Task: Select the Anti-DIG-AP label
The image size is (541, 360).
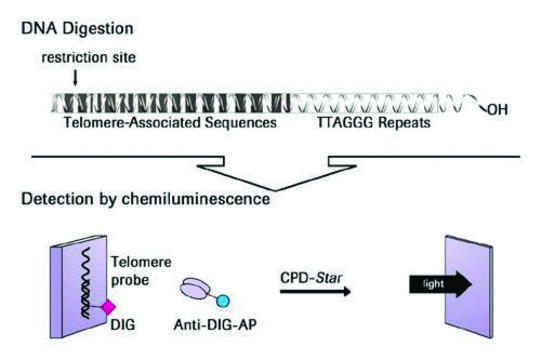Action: tap(219, 327)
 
